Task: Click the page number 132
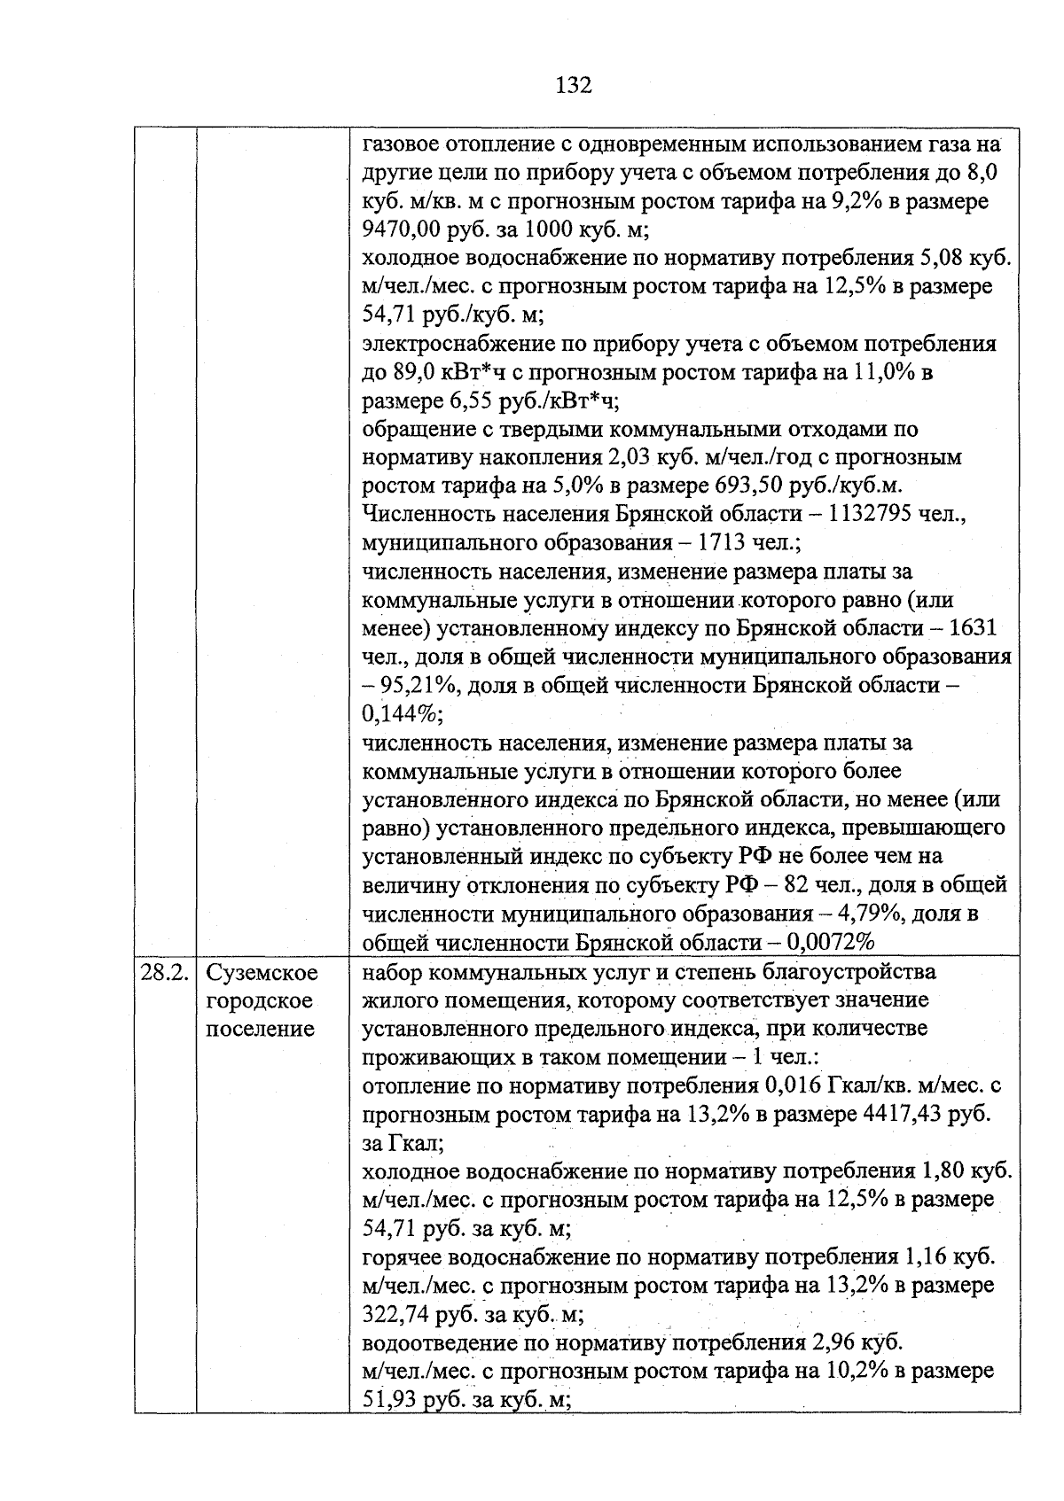click(x=573, y=85)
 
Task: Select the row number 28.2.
click(x=165, y=972)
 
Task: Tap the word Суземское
click(x=262, y=972)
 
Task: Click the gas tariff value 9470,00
click(x=405, y=230)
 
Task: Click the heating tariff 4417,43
click(x=902, y=1114)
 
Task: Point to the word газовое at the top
click(x=402, y=144)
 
